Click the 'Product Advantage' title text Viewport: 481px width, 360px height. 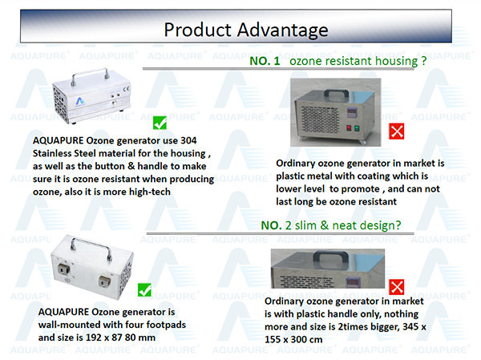246,30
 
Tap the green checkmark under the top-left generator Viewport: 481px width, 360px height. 160,123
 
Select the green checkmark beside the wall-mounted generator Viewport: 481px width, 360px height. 144,289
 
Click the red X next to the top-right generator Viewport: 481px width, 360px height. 396,131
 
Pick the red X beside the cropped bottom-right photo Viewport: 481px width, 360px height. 396,287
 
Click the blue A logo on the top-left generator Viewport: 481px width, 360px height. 80,101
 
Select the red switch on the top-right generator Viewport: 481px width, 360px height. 349,128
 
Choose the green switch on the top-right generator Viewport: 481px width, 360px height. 357,128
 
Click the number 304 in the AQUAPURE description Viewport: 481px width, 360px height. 188,140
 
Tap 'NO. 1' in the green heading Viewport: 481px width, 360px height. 265,61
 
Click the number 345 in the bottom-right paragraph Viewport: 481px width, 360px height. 410,326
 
